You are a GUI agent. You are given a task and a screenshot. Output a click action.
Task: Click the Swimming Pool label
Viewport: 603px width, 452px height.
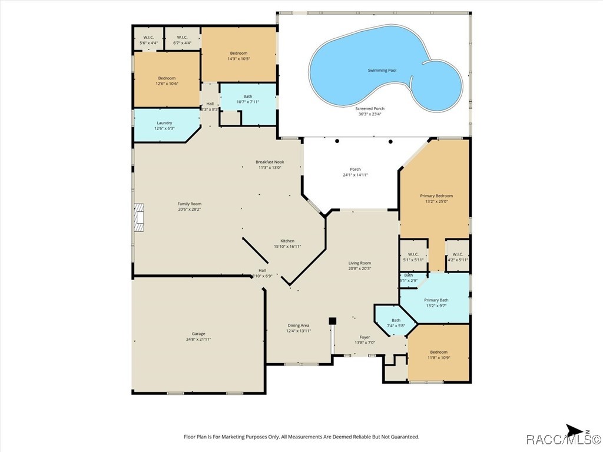(382, 70)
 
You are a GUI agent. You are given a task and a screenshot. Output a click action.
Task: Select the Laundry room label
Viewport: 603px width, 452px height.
(164, 123)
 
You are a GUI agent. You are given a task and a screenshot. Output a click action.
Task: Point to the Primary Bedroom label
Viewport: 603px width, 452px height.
(436, 195)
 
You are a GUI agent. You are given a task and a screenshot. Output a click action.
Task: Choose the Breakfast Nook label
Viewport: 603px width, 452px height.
(270, 162)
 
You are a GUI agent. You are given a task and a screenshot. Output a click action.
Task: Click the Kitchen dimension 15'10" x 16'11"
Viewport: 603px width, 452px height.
(287, 247)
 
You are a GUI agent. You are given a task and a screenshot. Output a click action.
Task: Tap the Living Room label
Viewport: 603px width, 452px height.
(360, 263)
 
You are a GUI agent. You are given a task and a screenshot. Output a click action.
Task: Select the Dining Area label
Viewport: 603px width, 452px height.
(298, 325)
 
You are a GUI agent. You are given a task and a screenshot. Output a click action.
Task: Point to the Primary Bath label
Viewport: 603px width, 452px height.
(436, 300)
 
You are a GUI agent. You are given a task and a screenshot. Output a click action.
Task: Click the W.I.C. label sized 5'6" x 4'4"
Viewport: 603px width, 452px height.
(148, 37)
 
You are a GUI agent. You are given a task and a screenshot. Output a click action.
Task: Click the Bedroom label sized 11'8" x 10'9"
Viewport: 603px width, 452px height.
(438, 352)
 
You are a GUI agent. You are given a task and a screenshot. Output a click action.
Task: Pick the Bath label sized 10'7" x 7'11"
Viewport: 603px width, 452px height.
(248, 97)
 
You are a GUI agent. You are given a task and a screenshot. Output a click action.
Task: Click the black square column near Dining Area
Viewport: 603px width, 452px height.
(332, 321)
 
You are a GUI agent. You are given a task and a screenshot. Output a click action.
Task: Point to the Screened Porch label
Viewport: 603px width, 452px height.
(370, 108)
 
